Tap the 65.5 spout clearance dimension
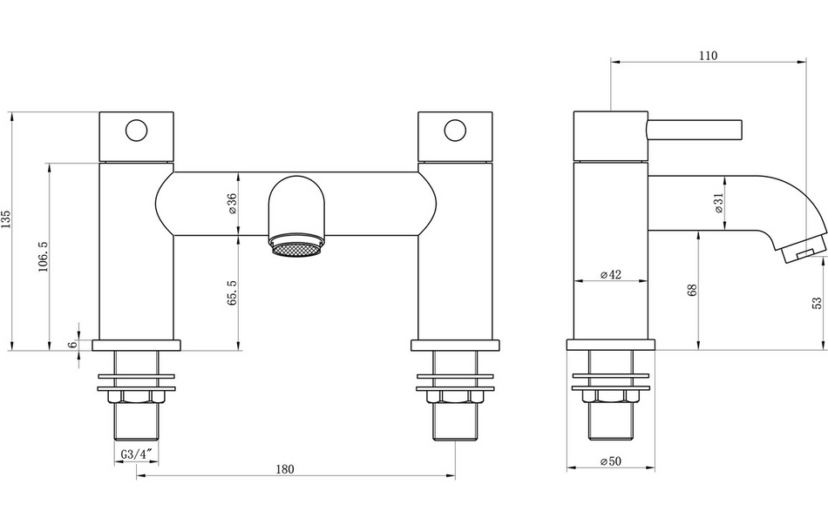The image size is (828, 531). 232,292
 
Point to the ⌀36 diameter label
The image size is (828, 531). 232,203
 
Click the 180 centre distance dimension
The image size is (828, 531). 285,469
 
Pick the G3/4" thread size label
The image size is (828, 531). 137,454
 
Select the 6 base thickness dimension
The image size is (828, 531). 73,344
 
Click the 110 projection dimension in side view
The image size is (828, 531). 708,56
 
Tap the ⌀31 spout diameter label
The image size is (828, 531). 718,203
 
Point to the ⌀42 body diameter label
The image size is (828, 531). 611,275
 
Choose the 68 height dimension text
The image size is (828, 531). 692,291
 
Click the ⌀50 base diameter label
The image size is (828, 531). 611,461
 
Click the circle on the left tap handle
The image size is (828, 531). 137,131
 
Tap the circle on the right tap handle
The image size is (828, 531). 455,131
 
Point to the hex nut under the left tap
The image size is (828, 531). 137,398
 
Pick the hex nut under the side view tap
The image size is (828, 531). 611,398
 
